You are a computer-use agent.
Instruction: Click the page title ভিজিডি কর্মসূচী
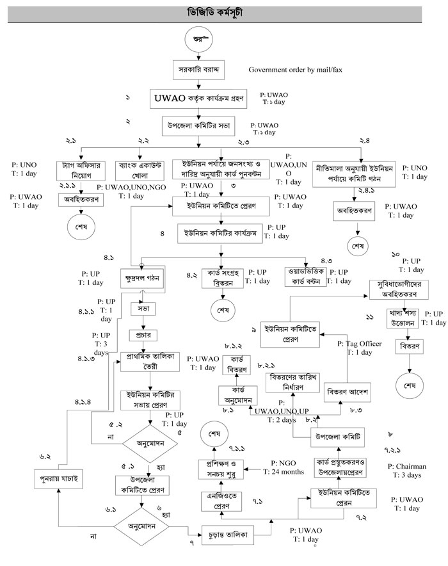coord(223,12)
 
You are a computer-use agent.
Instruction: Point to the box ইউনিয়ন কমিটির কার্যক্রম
coord(220,233)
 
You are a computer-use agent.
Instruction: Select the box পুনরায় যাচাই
coord(57,478)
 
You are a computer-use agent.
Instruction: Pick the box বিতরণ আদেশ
coord(348,390)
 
